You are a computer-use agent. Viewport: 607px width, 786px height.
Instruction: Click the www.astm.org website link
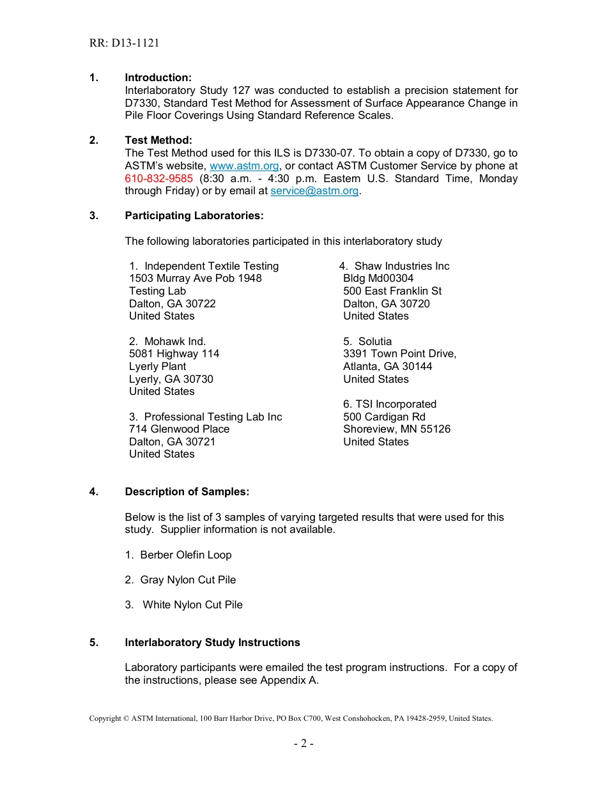[x=244, y=166]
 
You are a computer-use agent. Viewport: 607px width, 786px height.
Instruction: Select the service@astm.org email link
[x=314, y=191]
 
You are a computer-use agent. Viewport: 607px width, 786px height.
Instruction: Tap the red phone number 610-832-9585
[x=158, y=178]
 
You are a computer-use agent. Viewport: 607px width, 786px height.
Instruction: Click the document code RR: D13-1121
[x=124, y=43]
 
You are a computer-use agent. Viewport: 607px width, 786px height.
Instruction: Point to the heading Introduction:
[x=158, y=78]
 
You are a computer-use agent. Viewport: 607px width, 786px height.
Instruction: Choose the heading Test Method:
[x=158, y=141]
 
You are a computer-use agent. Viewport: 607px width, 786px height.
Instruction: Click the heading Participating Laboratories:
[x=194, y=216]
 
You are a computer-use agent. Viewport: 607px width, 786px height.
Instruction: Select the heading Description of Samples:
[x=187, y=492]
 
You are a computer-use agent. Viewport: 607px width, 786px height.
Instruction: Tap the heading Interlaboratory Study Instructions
[x=212, y=643]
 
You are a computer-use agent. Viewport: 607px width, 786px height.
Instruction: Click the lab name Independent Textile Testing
[x=211, y=266]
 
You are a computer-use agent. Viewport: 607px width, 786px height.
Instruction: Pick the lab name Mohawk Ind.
[x=175, y=342]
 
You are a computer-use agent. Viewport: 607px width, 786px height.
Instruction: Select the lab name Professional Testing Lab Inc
[x=213, y=417]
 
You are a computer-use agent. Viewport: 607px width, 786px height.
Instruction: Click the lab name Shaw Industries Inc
[x=402, y=266]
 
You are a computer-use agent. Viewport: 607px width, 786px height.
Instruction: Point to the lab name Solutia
[x=375, y=342]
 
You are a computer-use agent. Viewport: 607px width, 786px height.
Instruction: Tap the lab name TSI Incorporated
[x=396, y=405]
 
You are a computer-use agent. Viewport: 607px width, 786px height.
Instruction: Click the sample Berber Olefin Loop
[x=186, y=555]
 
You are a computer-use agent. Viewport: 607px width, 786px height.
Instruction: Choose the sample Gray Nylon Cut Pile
[x=188, y=580]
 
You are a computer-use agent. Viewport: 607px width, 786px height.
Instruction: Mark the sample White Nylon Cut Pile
[x=192, y=605]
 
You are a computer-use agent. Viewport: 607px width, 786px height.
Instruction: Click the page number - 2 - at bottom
[x=303, y=743]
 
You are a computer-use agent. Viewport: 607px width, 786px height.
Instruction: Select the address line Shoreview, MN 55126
[x=397, y=429]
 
